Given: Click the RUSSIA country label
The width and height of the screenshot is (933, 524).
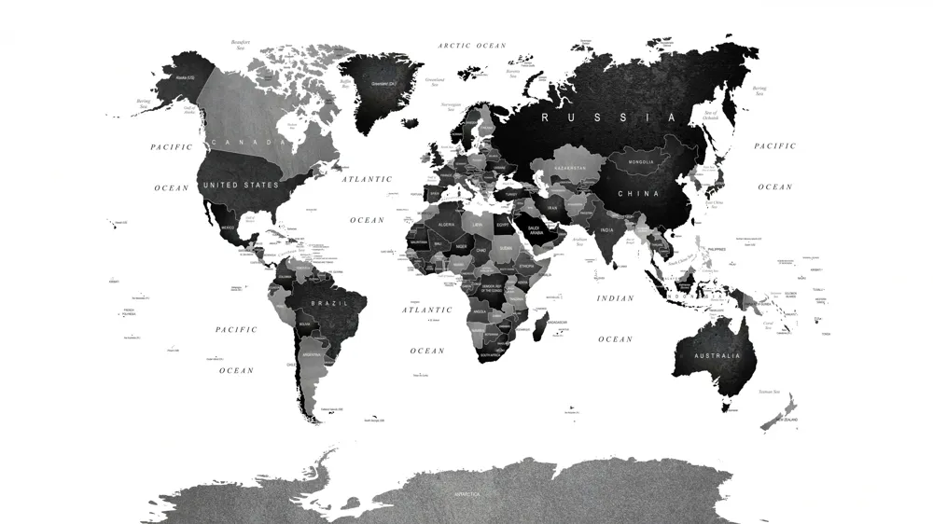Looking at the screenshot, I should click(x=608, y=118).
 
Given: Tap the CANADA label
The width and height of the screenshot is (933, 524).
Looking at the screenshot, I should click(x=246, y=142).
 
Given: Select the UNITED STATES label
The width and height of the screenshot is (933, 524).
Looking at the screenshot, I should click(x=241, y=185).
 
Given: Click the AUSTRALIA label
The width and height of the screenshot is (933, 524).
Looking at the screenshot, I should click(x=718, y=355).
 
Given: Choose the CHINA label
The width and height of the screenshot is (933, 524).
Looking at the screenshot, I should click(x=638, y=194).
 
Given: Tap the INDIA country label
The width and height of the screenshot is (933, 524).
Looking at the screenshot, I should click(x=606, y=229).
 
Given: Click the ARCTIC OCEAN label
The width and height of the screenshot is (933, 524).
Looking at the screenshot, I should click(x=472, y=46).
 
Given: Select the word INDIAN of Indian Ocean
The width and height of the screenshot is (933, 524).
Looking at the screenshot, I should click(x=615, y=298).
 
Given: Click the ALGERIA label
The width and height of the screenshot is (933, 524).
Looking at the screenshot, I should click(x=446, y=225).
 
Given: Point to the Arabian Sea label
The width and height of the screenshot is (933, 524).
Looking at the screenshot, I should click(x=580, y=241).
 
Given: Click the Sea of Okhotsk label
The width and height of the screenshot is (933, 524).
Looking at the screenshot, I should click(x=711, y=116).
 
